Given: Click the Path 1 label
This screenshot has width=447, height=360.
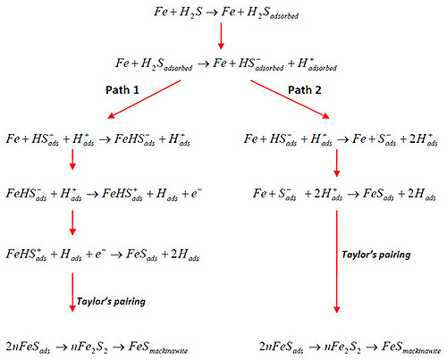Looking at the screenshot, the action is (x=122, y=90).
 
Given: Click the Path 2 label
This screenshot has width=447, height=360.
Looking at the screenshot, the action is (x=305, y=90).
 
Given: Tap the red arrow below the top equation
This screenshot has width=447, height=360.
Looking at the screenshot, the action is (x=221, y=36).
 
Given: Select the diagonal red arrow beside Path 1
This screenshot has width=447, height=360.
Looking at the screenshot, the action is (x=144, y=99).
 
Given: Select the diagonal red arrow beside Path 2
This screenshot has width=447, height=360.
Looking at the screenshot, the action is (x=290, y=99).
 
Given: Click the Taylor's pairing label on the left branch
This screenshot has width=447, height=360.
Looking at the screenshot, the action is (x=111, y=301).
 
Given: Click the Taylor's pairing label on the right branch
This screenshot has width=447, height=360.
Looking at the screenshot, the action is (x=376, y=255).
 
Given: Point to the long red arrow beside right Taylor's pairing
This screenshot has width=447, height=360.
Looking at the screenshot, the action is (x=337, y=262).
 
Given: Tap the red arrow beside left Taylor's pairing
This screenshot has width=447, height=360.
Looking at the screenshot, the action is (x=72, y=292).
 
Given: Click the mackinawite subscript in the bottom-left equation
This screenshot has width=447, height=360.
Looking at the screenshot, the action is (x=168, y=351).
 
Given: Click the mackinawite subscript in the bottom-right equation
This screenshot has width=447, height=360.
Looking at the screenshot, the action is (x=421, y=351).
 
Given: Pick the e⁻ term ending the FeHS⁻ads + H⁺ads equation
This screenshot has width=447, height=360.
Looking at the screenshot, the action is (x=197, y=194).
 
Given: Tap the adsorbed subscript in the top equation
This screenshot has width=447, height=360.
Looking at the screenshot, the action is (x=284, y=16).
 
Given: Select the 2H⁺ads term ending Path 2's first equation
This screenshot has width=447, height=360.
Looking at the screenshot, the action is (x=423, y=139).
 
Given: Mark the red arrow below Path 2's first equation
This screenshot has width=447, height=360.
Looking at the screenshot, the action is (x=337, y=163).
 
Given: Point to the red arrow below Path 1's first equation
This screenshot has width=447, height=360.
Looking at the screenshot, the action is (x=72, y=160).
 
